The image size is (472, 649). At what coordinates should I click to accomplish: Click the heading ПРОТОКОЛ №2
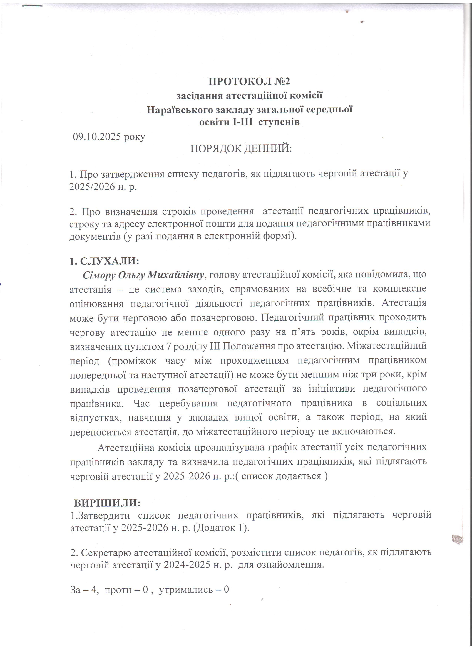pos(249,82)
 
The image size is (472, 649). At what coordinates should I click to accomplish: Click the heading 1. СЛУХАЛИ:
pos(104,261)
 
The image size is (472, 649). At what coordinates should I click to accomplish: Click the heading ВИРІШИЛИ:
pos(107,503)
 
